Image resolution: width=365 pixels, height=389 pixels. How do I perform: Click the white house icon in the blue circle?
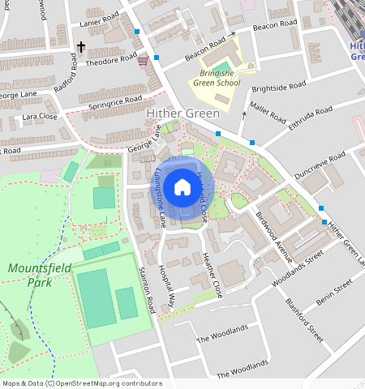(182, 188)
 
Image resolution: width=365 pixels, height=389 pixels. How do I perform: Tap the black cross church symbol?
(80, 49)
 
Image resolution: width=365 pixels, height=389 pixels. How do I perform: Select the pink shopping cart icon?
(143, 61)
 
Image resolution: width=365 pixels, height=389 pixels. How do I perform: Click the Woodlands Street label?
(298, 266)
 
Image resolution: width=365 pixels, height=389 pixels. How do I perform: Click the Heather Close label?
(211, 275)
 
